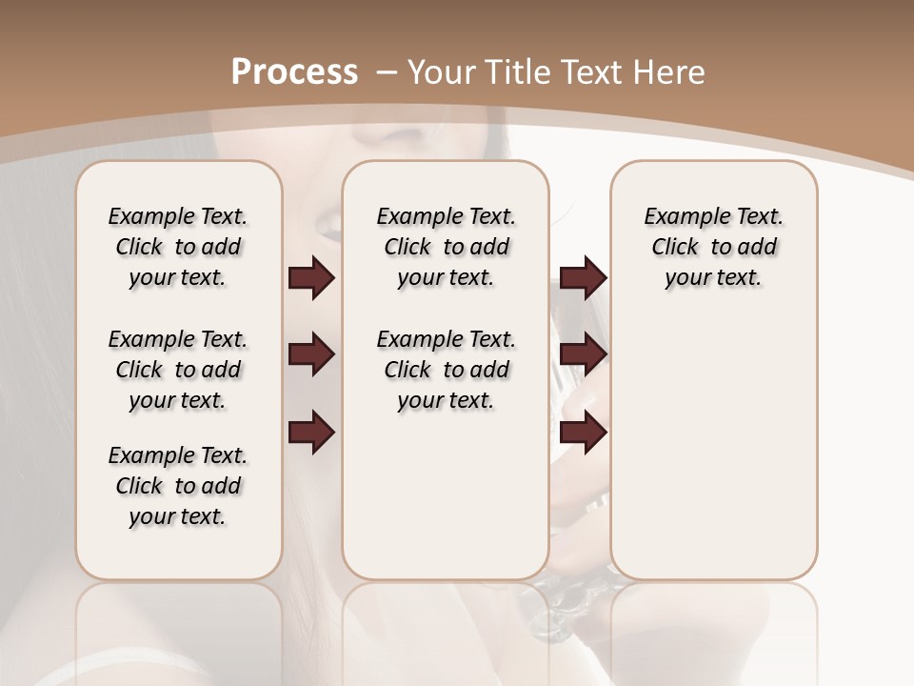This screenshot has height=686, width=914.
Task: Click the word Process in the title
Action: pos(294,72)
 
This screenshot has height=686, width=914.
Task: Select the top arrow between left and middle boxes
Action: pos(311,278)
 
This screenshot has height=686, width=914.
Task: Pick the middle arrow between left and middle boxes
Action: pos(311,355)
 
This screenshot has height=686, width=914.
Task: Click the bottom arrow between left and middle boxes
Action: pos(311,433)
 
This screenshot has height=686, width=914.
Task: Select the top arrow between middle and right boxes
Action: pos(583,278)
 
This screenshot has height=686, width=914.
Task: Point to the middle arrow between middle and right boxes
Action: pos(583,355)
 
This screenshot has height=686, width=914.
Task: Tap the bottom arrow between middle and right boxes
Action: pos(583,433)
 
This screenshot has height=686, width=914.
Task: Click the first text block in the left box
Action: pos(178,247)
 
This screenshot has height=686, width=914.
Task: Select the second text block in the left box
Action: pos(178,370)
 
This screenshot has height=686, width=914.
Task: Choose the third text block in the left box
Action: pos(178,486)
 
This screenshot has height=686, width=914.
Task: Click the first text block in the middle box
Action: pos(446,247)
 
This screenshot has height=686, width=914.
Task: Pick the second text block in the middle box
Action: pos(446,370)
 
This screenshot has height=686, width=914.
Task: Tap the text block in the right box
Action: pos(713,247)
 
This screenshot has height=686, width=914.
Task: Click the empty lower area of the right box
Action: pos(713,448)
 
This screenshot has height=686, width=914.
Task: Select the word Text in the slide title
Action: pos(592,72)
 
